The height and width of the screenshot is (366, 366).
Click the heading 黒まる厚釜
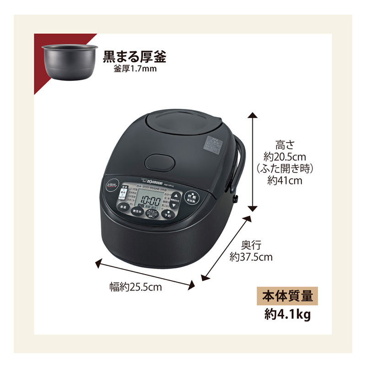tap(134, 57)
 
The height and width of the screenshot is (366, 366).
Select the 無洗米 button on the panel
tap(136, 212)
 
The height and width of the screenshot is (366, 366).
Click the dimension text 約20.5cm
tap(285, 156)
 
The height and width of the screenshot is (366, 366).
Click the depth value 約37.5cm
tap(251, 257)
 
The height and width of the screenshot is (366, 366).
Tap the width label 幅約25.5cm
tap(136, 287)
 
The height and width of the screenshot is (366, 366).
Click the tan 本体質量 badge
tap(286, 296)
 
